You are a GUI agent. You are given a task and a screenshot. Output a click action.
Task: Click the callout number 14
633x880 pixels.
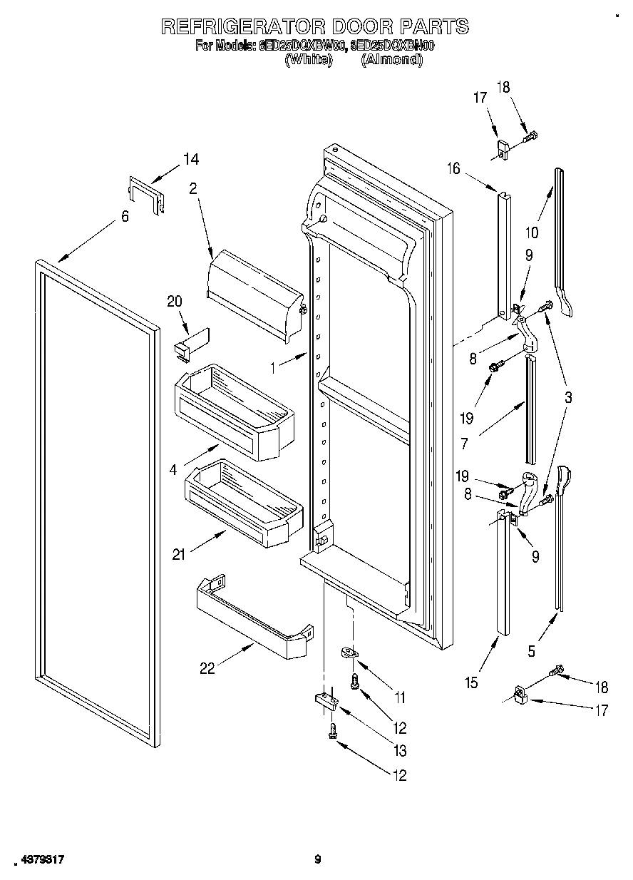point(191,159)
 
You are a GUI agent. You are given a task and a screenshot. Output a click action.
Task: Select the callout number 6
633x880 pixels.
point(125,216)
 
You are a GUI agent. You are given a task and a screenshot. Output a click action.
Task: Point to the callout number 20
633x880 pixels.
point(175,302)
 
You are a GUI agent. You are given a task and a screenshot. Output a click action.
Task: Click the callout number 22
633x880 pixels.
point(207,668)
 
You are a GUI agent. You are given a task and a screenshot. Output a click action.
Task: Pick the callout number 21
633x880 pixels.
point(180,554)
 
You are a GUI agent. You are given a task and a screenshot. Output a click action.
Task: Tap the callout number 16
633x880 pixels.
point(454,168)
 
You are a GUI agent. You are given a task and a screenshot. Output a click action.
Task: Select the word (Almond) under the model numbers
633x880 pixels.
point(391,61)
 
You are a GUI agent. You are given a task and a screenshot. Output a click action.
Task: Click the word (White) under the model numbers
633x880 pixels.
point(308,61)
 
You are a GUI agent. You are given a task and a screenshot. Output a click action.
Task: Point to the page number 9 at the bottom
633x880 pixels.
point(318,860)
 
